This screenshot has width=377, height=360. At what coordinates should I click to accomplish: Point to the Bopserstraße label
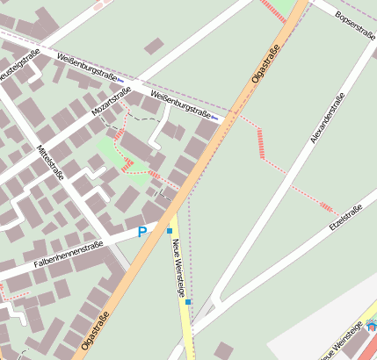tap(355, 27)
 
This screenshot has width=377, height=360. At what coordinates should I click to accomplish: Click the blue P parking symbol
tap(142, 233)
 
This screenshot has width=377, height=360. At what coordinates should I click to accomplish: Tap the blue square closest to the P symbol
tap(170, 230)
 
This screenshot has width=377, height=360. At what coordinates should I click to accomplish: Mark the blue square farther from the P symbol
tap(188, 302)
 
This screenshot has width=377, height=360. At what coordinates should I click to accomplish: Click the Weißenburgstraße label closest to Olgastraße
tap(182, 105)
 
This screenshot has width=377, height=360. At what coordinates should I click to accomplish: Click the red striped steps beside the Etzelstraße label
tap(328, 208)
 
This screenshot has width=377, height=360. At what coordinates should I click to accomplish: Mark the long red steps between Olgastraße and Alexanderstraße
tap(260, 143)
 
